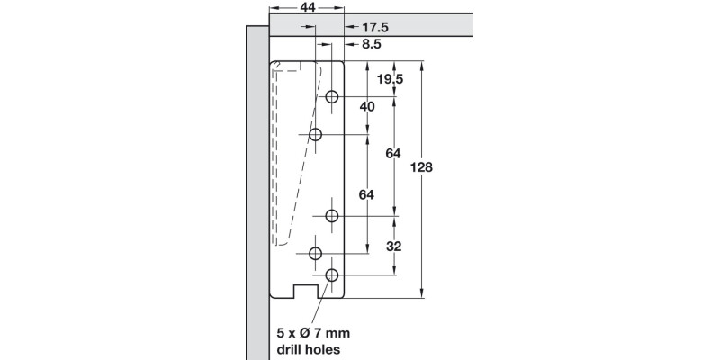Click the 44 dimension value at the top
click(307, 7)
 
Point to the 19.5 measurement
click(389, 79)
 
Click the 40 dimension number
click(366, 106)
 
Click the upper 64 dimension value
click(392, 154)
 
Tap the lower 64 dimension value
click(366, 194)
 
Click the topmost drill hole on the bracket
click(332, 96)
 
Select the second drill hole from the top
click(316, 134)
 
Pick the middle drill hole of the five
click(332, 216)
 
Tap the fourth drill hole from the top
click(316, 253)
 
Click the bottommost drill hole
click(332, 274)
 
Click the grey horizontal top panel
click(369, 23)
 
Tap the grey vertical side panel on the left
click(256, 198)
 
